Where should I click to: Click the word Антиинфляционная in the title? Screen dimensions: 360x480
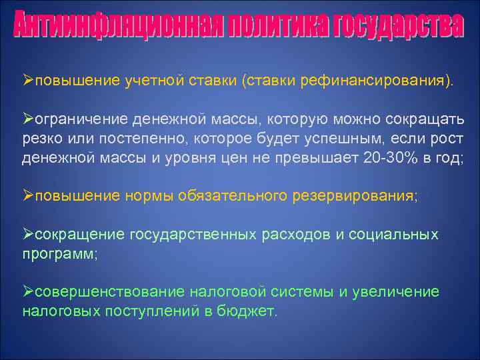click(x=117, y=27)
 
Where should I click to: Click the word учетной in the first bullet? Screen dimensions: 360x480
click(x=151, y=81)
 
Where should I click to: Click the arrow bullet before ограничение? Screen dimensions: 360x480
click(x=28, y=119)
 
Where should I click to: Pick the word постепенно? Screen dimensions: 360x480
click(x=130, y=138)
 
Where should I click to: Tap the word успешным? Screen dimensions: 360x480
click(x=310, y=138)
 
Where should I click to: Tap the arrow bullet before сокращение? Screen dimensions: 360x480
click(x=28, y=234)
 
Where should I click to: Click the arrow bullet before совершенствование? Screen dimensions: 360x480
click(x=28, y=292)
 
